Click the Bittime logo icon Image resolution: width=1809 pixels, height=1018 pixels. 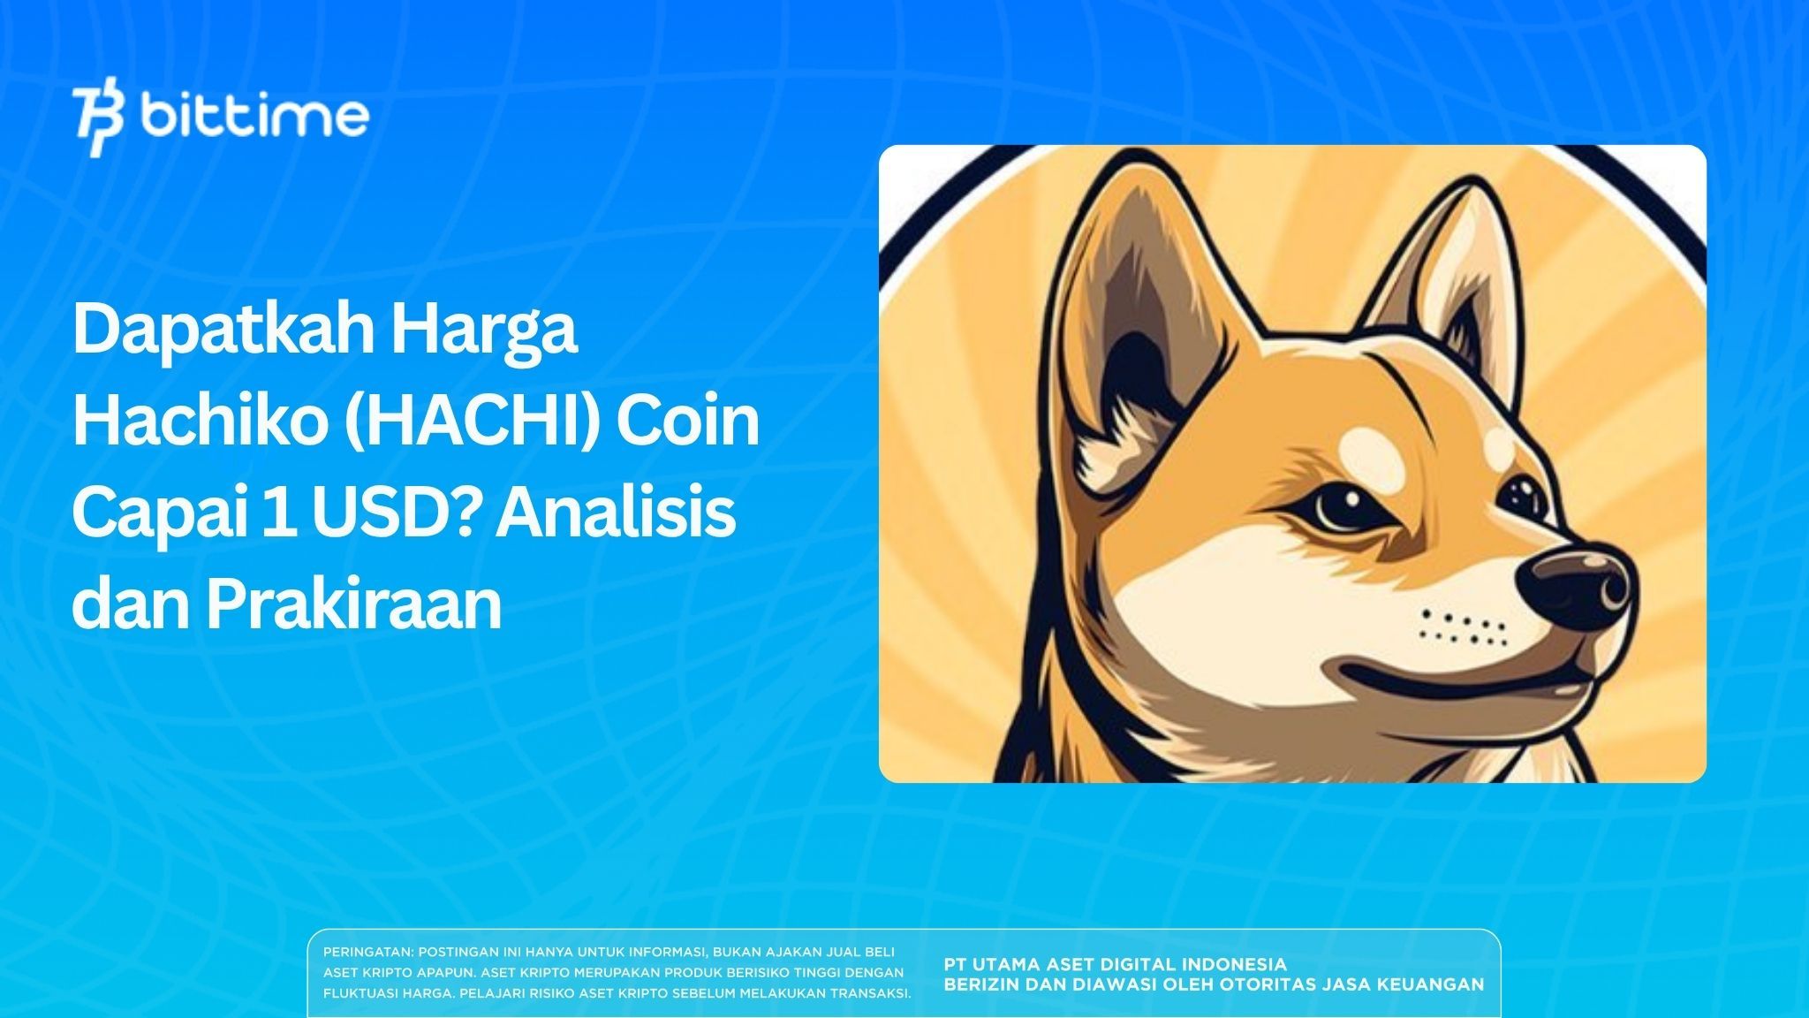[98, 120]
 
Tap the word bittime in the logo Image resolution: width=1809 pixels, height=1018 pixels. [254, 117]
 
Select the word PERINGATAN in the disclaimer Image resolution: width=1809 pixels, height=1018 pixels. [367, 953]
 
